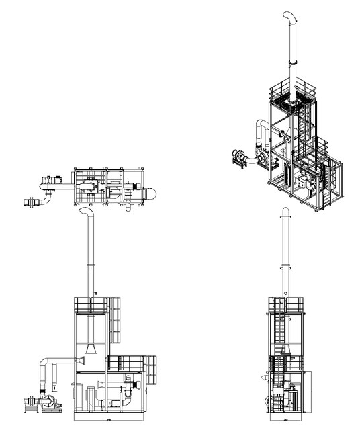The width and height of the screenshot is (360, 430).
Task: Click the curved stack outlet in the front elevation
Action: [87, 214]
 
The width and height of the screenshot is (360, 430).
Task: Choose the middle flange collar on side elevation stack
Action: [285, 294]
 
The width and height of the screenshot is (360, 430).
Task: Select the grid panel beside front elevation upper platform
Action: [115, 321]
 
